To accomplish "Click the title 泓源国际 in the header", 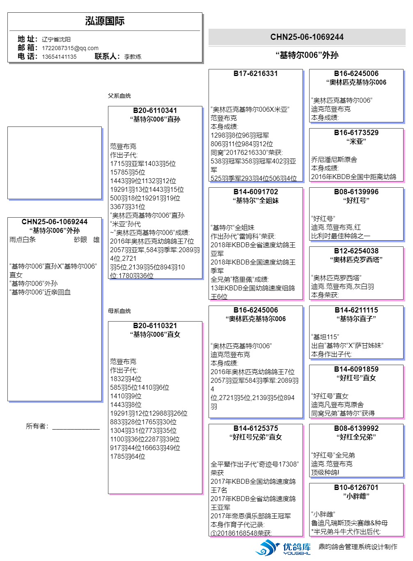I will [x=105, y=21].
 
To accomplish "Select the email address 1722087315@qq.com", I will [x=70, y=48].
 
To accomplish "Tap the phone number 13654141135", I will [x=59, y=57].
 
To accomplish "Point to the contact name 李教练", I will [x=133, y=57].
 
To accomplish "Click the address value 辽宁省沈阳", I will [x=56, y=39].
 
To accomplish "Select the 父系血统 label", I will [x=119, y=96].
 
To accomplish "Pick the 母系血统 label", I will [x=119, y=311].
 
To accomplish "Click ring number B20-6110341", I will [x=155, y=110].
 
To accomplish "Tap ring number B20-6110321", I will [x=155, y=326].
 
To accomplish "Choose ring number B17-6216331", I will [x=255, y=74].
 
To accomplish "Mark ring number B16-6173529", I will [x=356, y=133].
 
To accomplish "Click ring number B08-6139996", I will [x=356, y=192].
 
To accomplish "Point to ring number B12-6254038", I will [x=356, y=251].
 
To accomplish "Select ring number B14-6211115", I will [x=356, y=310].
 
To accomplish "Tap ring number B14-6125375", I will [x=255, y=428].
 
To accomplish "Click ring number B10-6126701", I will [x=356, y=487].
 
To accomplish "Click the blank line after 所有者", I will [x=76, y=427].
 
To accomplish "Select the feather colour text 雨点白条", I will [x=23, y=240].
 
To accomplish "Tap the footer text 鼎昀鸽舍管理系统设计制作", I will [x=358, y=547].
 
